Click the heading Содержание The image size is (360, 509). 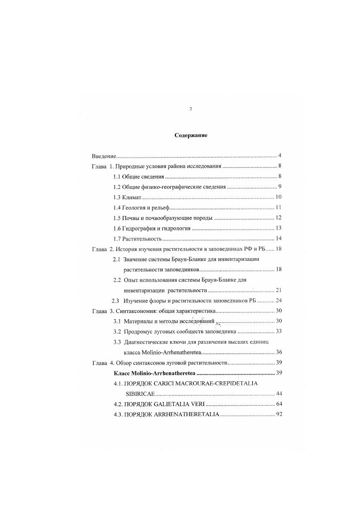pos(191,135)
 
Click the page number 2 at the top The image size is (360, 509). pos(191,109)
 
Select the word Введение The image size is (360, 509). pos(104,155)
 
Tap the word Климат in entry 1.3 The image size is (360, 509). pos(132,197)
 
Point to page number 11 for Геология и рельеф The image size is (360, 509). pos(278,207)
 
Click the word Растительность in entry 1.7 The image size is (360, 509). pos(142,239)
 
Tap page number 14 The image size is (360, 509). pos(278,239)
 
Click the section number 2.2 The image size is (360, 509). pos(117,280)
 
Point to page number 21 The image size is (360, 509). pos(278,290)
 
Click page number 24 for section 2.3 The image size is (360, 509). pos(278,301)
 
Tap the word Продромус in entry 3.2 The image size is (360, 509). pos(141,331)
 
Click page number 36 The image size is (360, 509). pos(278,352)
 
